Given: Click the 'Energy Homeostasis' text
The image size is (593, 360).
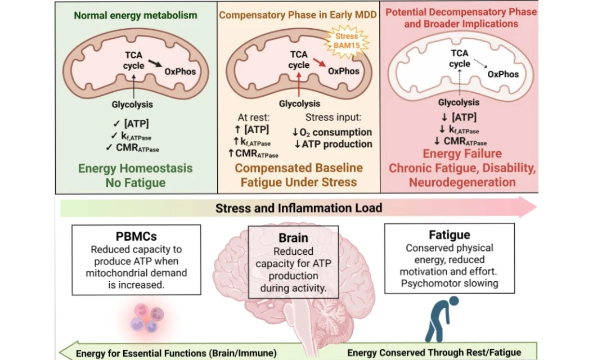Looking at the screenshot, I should (x=135, y=168).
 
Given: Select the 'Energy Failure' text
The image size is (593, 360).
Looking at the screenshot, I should (x=462, y=154).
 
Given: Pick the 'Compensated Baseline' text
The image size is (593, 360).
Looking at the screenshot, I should (x=299, y=168).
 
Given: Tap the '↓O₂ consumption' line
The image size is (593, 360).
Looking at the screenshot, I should (x=332, y=132).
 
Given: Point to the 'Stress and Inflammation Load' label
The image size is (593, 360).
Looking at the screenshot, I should (x=298, y=208).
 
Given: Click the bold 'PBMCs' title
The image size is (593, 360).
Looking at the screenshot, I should (x=137, y=236).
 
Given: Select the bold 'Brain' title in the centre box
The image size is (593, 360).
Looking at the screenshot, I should (x=293, y=238).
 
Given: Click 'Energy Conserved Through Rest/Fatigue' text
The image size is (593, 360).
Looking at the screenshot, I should (x=434, y=353).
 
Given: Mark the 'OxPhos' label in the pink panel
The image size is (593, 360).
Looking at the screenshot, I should (x=503, y=74).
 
